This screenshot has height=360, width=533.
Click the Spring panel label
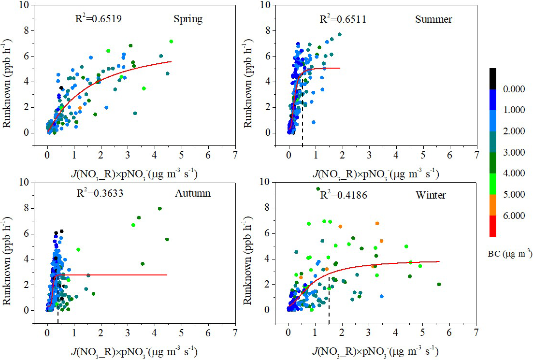pos(188,20)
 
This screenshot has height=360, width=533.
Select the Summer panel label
pos(433,20)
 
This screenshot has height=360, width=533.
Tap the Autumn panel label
pos(192,194)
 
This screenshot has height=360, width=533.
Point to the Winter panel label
pos(431,196)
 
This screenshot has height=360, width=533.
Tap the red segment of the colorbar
pos(492,226)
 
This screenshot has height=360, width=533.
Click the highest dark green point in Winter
pos(318,189)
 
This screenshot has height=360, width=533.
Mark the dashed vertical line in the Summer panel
pos(303,126)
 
